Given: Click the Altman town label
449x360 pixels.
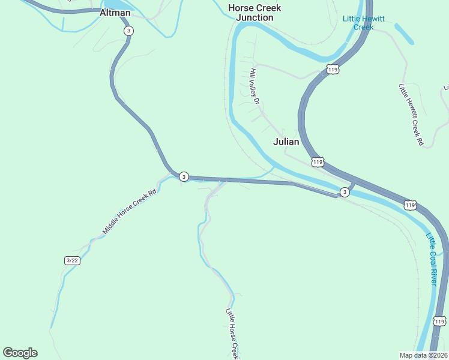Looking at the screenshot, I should tap(115, 13).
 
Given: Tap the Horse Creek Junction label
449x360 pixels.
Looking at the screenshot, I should tap(255, 13).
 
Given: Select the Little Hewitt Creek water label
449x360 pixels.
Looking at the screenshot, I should tap(363, 23).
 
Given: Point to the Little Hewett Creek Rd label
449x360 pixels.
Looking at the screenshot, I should tap(411, 115).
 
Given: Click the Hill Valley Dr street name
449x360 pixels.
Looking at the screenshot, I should tap(254, 86).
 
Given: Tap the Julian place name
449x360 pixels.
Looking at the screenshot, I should tap(286, 142).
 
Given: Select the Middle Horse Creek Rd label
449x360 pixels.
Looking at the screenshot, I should tap(129, 211).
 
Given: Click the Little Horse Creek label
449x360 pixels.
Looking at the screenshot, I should tap(232, 334).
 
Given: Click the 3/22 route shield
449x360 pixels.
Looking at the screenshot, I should tap(72, 260).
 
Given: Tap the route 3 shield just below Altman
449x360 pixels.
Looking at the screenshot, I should tap(128, 31).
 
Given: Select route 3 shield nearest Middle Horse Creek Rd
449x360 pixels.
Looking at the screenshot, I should tap(184, 176).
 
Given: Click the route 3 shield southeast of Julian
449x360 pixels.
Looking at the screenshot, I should tap(344, 192).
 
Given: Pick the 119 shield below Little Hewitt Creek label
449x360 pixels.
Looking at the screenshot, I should tap(334, 70).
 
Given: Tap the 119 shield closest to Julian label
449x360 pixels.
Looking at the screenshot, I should tap(318, 162).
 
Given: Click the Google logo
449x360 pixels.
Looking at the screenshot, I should tap(20, 353).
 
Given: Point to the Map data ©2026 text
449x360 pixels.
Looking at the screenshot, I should tap(424, 355).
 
